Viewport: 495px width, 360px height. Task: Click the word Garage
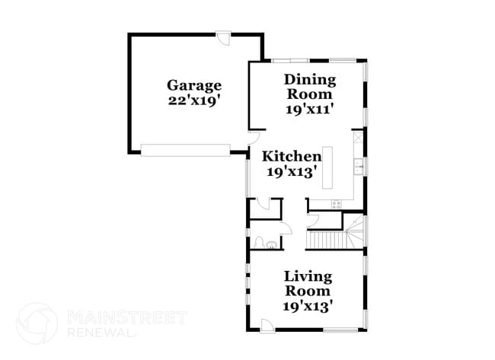[194, 85]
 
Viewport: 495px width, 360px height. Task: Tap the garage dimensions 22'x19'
[194, 100]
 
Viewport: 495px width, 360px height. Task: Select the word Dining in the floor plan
[309, 79]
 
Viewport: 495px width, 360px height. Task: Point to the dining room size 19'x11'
[309, 109]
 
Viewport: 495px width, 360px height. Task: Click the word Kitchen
[292, 156]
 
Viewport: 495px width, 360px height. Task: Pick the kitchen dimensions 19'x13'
[291, 171]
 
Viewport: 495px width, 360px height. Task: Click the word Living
[308, 276]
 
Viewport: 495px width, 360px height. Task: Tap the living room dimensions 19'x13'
[308, 305]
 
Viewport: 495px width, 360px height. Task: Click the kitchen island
[329, 167]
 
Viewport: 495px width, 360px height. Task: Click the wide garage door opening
[185, 150]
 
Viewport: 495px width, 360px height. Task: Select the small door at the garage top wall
[221, 37]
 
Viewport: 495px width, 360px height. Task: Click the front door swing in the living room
[267, 325]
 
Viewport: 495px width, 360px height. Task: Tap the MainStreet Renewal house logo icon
[37, 322]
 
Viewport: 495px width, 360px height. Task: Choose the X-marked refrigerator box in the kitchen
[356, 139]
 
